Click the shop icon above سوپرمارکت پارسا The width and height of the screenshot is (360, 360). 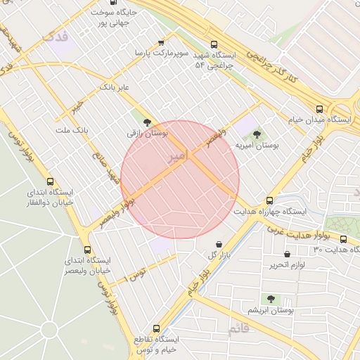[161, 43]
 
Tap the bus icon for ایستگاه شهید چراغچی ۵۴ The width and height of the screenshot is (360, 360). [214, 43]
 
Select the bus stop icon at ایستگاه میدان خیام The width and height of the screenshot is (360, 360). [320, 109]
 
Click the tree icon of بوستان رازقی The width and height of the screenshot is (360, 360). [146, 122]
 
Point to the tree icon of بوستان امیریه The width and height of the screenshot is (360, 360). [255, 133]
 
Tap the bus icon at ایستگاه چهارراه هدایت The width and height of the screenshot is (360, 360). [269, 200]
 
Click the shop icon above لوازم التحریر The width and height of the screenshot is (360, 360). [286, 254]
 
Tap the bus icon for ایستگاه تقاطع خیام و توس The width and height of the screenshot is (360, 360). [156, 328]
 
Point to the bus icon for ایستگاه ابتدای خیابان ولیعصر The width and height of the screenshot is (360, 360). [87, 250]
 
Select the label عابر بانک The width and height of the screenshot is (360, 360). [116, 87]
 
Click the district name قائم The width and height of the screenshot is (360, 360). [238, 329]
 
